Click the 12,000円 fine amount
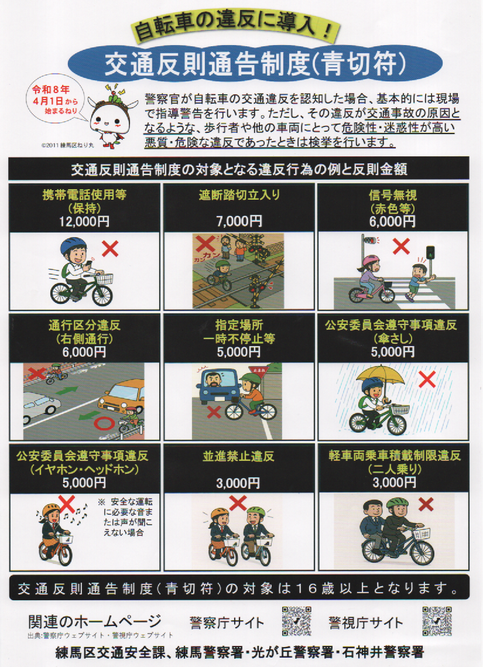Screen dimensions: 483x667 click(x=84, y=221)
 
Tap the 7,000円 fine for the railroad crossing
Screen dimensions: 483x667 click(x=239, y=221)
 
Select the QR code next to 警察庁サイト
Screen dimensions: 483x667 click(x=297, y=621)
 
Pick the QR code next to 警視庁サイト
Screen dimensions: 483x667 click(x=437, y=621)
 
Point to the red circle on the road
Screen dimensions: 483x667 click(x=104, y=423)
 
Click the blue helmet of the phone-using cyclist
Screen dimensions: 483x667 click(x=73, y=245)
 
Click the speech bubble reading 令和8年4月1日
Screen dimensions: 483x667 click(x=55, y=100)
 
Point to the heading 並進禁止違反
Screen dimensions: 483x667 click(x=238, y=456)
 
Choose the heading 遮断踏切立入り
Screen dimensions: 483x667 click(x=239, y=195)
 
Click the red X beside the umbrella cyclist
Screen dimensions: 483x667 click(x=427, y=379)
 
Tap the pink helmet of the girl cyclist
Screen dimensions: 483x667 click(x=371, y=260)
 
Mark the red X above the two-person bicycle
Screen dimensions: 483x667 click(x=426, y=505)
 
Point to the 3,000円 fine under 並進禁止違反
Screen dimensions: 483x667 click(x=238, y=483)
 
